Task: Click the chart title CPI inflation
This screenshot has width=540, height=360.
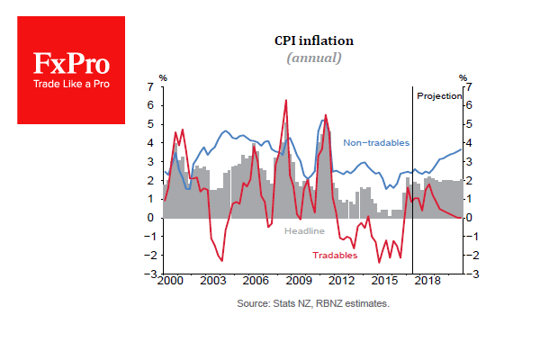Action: point(314,40)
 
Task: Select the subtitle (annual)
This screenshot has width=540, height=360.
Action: point(314,58)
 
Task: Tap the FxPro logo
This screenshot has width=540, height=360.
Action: point(72,70)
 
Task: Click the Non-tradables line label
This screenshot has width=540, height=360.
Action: point(376,143)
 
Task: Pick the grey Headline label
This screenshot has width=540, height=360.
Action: point(305,231)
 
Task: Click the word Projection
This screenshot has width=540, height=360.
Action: point(439,95)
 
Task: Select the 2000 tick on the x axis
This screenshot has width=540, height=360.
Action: point(168,282)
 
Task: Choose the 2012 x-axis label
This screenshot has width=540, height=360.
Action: point(341,282)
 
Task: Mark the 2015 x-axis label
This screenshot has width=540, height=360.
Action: point(384,282)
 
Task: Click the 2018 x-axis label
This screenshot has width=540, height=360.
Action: point(427,282)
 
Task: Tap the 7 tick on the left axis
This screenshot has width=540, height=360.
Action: point(152,86)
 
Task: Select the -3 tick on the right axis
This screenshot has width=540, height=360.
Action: point(472,274)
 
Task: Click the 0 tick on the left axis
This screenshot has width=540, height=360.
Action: point(152,218)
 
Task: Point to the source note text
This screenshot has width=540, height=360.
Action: point(313,305)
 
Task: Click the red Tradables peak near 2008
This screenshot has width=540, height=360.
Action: point(286,100)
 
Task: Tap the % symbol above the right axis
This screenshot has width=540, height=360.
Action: point(463,77)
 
